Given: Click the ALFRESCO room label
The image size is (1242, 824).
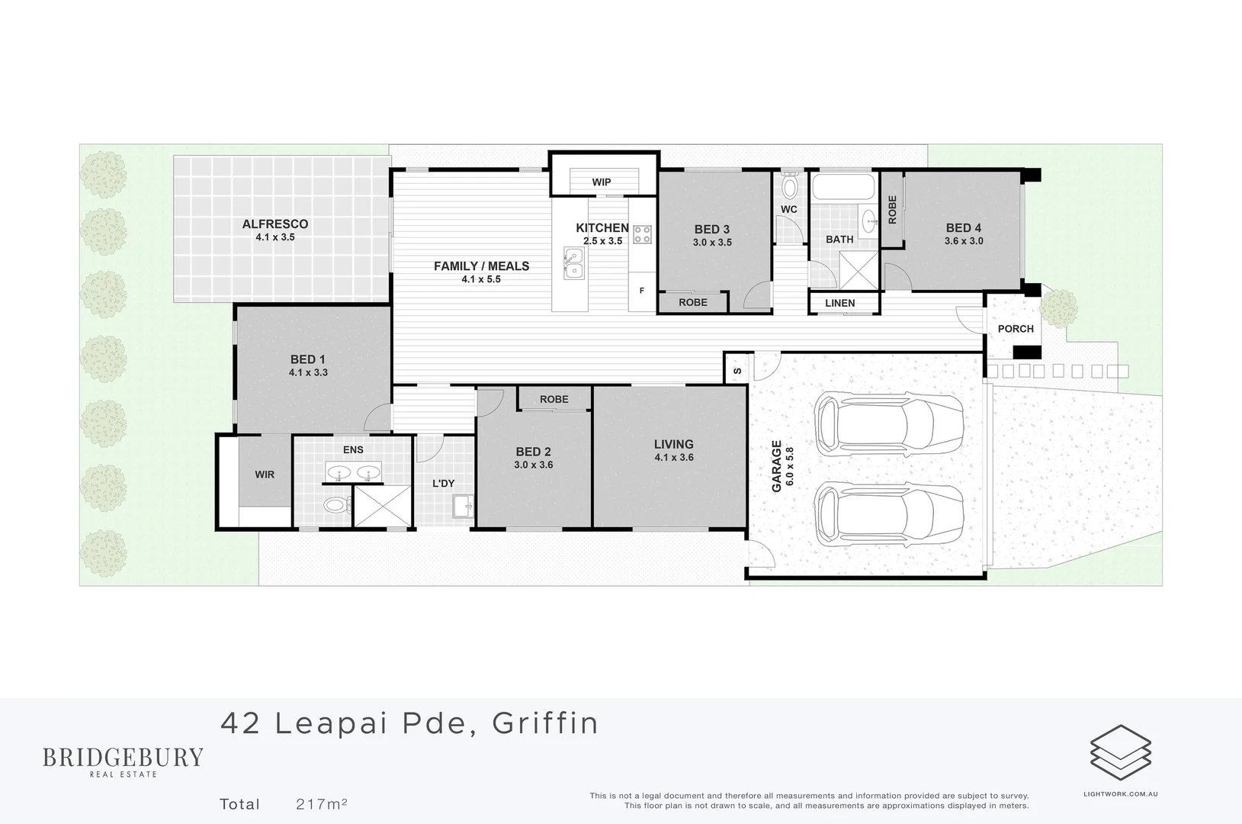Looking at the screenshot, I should click(x=275, y=224).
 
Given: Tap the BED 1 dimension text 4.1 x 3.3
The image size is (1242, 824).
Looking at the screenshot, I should click(x=308, y=373).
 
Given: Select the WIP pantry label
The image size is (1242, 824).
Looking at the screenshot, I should click(x=602, y=182).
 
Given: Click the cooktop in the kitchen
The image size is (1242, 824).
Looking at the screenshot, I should click(x=642, y=234).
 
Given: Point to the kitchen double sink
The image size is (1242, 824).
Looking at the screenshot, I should click(x=573, y=264).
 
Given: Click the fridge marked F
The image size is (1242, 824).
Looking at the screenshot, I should click(x=642, y=291).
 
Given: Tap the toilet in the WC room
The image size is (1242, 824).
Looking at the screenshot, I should click(x=789, y=185).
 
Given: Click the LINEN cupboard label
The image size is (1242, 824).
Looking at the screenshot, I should click(x=840, y=303).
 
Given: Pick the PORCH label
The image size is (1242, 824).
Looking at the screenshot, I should click(x=1016, y=329).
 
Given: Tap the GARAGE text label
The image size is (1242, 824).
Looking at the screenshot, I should click(x=777, y=466).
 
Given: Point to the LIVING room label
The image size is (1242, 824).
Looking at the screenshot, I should click(x=674, y=444).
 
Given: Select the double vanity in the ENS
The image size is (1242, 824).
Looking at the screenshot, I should click(x=354, y=472).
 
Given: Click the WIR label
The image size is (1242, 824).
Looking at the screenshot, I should click(x=265, y=475).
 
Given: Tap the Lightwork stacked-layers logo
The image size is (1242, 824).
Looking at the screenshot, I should click(x=1120, y=753).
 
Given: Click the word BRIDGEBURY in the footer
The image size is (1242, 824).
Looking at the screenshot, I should click(x=123, y=758).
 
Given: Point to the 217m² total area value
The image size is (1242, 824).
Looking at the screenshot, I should click(x=322, y=804).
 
